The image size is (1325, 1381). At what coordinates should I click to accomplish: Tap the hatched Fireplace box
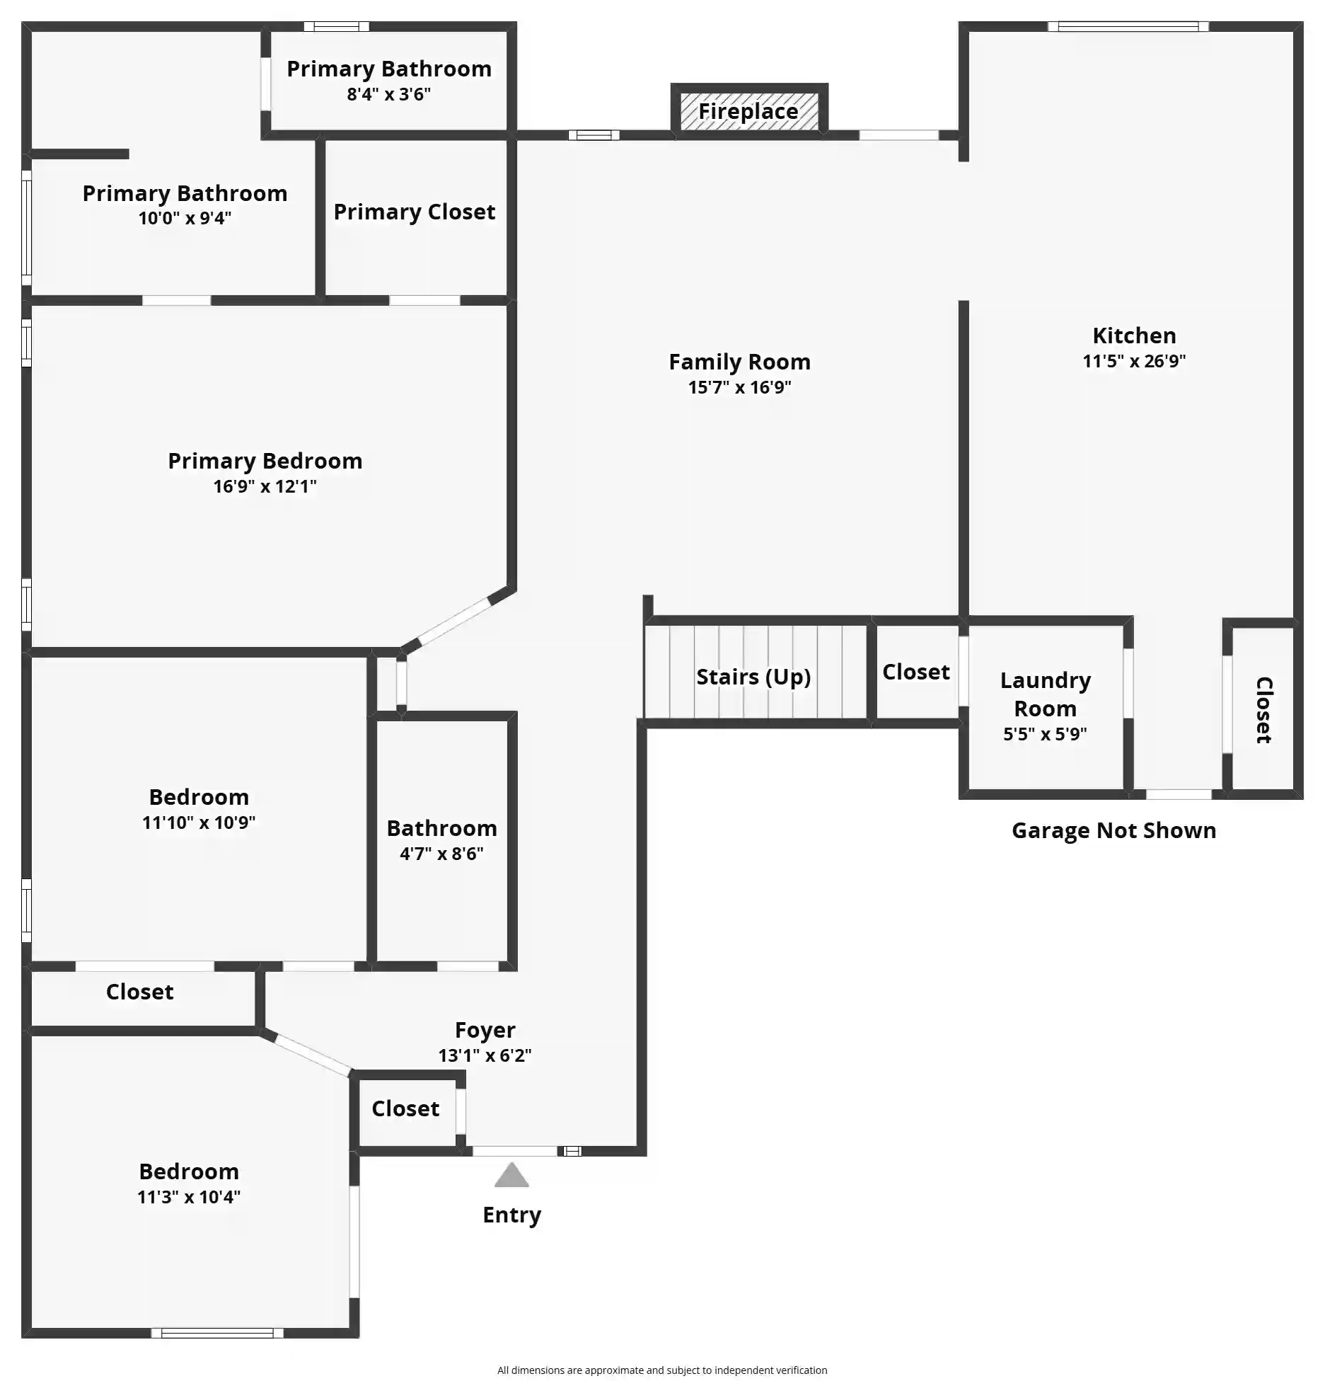tap(749, 111)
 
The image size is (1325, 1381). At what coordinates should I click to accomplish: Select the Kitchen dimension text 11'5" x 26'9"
tap(1134, 361)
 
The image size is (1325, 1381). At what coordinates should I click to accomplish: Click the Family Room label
tap(739, 362)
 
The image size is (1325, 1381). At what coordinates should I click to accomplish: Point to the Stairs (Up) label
tap(753, 677)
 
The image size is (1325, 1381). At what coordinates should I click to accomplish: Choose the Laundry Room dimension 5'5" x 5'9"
tap(1045, 734)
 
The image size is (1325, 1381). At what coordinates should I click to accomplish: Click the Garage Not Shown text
tap(1113, 830)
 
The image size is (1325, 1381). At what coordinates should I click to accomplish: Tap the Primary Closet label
tap(415, 212)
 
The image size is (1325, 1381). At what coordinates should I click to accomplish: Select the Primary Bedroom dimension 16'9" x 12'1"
tap(265, 486)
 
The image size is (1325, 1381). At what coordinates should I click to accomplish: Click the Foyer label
tap(485, 1030)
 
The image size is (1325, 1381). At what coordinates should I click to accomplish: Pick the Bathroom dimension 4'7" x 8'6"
tap(441, 854)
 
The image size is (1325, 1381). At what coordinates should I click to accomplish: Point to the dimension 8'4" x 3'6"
tap(388, 94)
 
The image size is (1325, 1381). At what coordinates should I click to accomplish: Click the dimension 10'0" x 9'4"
tap(185, 218)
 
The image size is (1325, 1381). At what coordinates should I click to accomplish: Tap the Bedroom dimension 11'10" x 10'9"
tap(199, 823)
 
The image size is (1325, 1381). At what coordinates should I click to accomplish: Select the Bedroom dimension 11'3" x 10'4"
tap(189, 1197)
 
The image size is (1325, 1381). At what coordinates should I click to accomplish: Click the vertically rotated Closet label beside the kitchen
tap(1264, 710)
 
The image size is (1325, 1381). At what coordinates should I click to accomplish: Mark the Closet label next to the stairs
tap(916, 672)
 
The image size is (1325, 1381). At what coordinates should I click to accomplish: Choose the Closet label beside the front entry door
tap(405, 1108)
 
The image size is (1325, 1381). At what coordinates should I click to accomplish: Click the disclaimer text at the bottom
tap(662, 1370)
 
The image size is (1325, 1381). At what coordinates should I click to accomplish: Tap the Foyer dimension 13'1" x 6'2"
tap(485, 1055)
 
